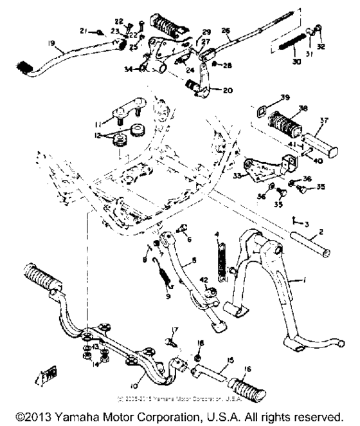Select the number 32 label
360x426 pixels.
click(321, 47)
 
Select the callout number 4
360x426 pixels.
click(217, 234)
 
